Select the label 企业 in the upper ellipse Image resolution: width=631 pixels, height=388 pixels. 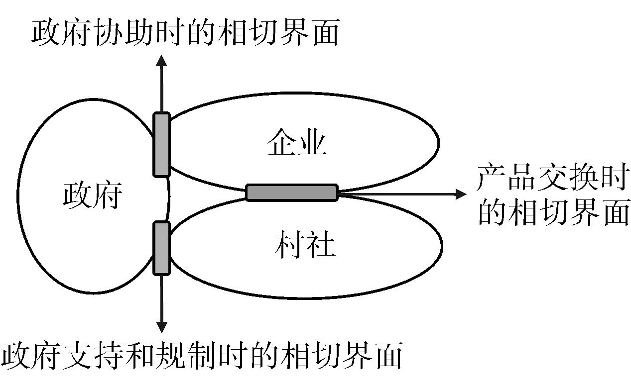point(297,144)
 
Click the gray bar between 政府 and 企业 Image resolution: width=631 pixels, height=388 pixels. point(161,145)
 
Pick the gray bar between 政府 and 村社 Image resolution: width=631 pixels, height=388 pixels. point(161,248)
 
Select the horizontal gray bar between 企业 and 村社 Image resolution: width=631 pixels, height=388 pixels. point(292,193)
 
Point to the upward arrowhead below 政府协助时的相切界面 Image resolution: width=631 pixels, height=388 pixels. point(161,60)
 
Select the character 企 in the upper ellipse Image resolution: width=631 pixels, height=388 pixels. point(281,144)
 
